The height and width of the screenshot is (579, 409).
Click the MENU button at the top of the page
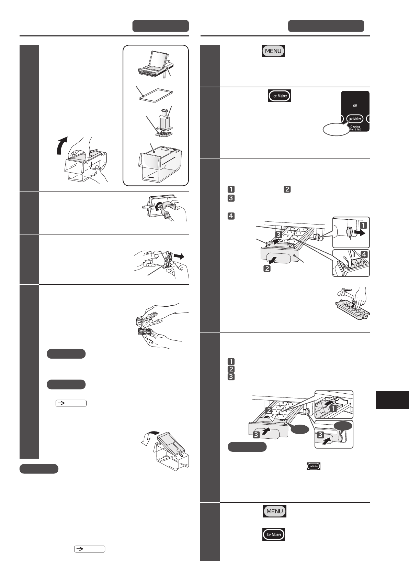(273, 51)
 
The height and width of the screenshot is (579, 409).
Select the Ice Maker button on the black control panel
(355, 119)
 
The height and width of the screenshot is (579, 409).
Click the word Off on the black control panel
(355, 106)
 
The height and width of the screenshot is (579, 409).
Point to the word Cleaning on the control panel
(355, 127)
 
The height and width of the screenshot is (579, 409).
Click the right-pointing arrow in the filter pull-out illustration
(179, 256)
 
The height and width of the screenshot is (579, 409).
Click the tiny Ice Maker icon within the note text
(313, 466)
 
